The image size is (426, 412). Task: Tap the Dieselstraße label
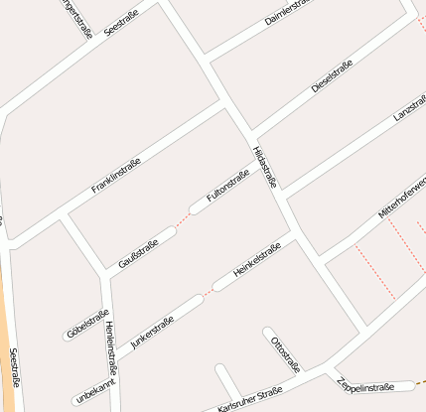tap(333, 74)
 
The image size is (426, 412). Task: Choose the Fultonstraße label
tap(227, 186)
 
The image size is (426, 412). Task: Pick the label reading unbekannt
tap(95, 392)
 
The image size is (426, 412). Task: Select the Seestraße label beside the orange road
tap(14, 368)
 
